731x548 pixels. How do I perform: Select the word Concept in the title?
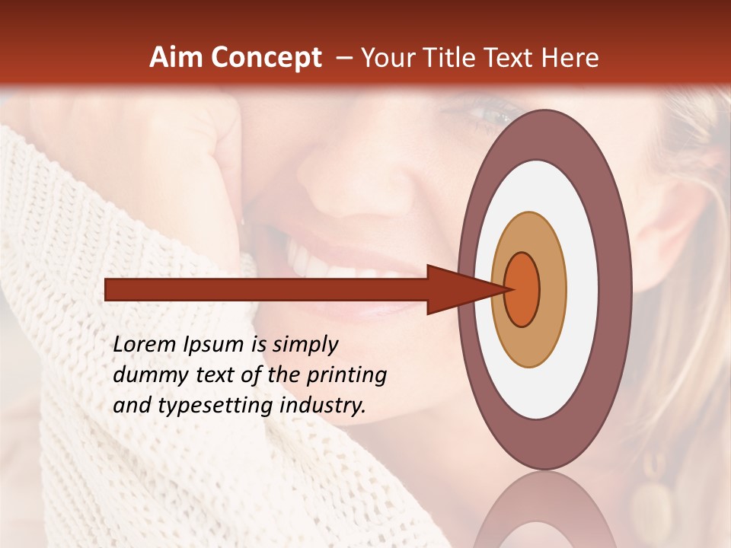pyautogui.click(x=266, y=58)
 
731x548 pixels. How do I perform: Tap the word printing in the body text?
pyautogui.click(x=346, y=376)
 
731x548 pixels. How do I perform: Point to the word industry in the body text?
pyautogui.click(x=323, y=405)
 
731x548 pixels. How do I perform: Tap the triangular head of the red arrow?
pyautogui.click(x=457, y=289)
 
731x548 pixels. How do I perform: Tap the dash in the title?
pyautogui.click(x=344, y=58)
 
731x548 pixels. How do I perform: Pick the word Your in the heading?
pyautogui.click(x=388, y=58)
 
